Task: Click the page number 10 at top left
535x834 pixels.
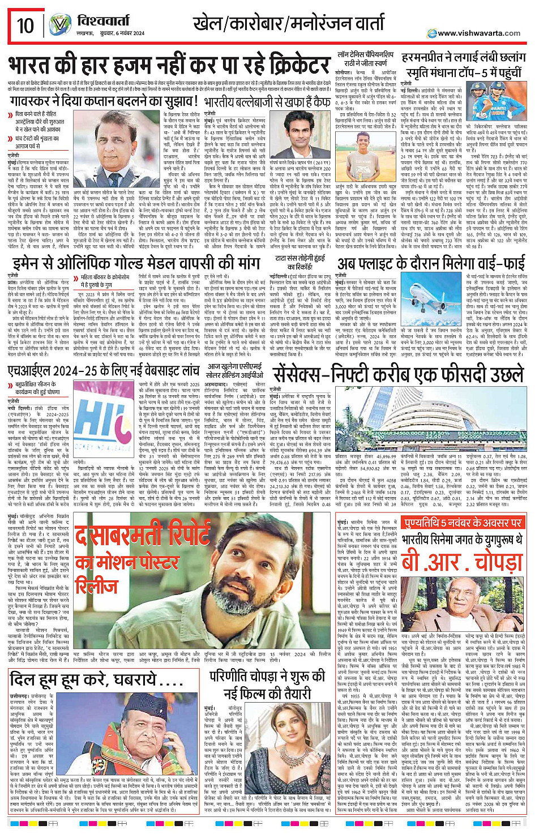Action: click(25, 25)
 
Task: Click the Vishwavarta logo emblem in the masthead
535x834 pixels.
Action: click(59, 25)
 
